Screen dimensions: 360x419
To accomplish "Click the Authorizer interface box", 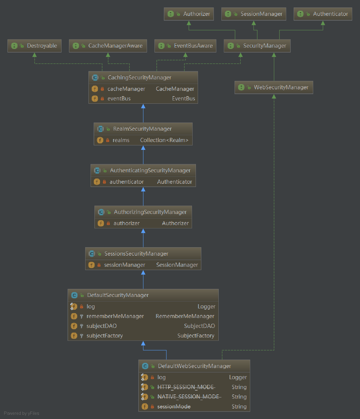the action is pyautogui.click(x=189, y=14).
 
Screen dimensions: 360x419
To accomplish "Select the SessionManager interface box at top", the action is pyautogui.click(x=254, y=14).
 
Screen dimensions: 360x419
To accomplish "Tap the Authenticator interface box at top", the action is pyautogui.click(x=323, y=14).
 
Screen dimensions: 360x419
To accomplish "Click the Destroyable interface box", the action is pyautogui.click(x=34, y=46).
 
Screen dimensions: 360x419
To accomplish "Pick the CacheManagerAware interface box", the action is pyautogui.click(x=108, y=46).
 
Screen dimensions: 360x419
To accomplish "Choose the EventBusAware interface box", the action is pyautogui.click(x=185, y=46).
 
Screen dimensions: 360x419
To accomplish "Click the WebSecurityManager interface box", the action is pyautogui.click(x=274, y=88).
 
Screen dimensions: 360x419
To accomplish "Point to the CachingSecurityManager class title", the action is pyautogui.click(x=139, y=78).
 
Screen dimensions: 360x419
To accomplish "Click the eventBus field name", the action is pyautogui.click(x=119, y=99).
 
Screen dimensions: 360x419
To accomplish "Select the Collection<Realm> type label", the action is pyautogui.click(x=164, y=140).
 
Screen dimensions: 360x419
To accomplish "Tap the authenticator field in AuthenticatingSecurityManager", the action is pyautogui.click(x=127, y=182).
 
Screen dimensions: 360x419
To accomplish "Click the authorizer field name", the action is pyautogui.click(x=126, y=223).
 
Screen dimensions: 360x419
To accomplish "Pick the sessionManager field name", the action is pyautogui.click(x=124, y=265).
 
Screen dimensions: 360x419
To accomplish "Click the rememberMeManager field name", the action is pyautogui.click(x=115, y=316).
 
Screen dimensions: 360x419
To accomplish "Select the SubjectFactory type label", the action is pyautogui.click(x=196, y=336).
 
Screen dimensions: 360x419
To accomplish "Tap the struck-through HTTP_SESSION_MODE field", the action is pyautogui.click(x=186, y=387).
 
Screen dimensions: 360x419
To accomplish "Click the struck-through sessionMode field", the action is pyautogui.click(x=174, y=406).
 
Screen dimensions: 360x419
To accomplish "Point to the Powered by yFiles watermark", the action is pyautogui.click(x=22, y=413).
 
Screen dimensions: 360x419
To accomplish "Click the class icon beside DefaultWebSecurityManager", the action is pyautogui.click(x=145, y=366).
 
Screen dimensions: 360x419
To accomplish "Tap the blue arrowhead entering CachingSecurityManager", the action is pyautogui.click(x=143, y=106).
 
